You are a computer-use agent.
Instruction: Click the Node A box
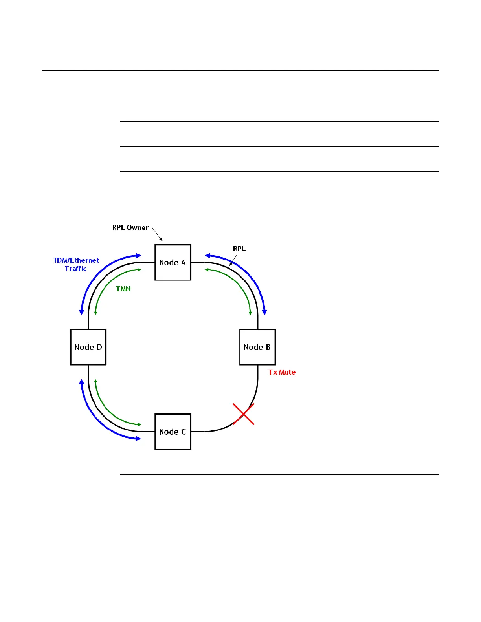click(x=173, y=262)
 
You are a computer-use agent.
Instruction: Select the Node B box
click(x=257, y=347)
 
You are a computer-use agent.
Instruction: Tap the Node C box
click(x=173, y=432)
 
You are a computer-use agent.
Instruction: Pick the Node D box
click(x=88, y=347)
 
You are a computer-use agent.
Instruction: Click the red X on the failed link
click(x=243, y=414)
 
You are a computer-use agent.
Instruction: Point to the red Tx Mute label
click(x=282, y=372)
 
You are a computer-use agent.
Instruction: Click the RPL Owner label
click(x=130, y=228)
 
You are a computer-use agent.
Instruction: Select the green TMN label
click(x=123, y=289)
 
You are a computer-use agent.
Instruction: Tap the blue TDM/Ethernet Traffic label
click(x=76, y=264)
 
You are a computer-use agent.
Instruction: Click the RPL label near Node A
click(x=239, y=249)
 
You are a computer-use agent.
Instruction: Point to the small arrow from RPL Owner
click(x=157, y=234)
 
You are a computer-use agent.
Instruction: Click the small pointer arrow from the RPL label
click(x=233, y=260)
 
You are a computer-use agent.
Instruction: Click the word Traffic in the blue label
click(x=75, y=269)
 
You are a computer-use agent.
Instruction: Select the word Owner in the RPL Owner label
click(x=138, y=228)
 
